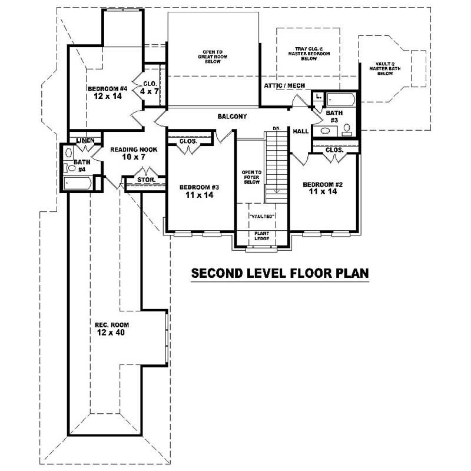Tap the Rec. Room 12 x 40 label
(x=112, y=329)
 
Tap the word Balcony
(x=232, y=117)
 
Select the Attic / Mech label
(x=284, y=86)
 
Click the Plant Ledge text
(x=261, y=235)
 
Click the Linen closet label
(x=86, y=140)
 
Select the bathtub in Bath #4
(x=78, y=184)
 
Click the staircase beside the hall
(x=275, y=165)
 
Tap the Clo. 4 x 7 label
(x=150, y=88)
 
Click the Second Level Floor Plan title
(x=280, y=273)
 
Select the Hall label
(x=301, y=131)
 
